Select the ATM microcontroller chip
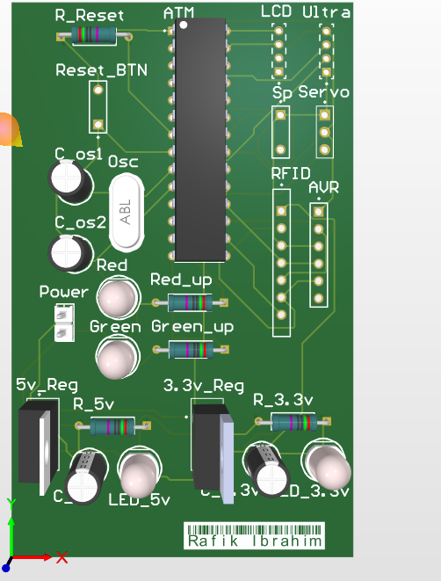pyautogui.click(x=200, y=141)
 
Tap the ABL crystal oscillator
pyautogui.click(x=126, y=212)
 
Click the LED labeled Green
pyautogui.click(x=116, y=358)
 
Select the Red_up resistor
pyautogui.click(x=190, y=303)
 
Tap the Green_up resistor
pyautogui.click(x=190, y=350)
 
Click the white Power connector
pyautogui.click(x=62, y=323)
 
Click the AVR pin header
pyautogui.click(x=318, y=255)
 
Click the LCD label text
pyautogui.click(x=276, y=11)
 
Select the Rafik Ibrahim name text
pyautogui.click(x=253, y=541)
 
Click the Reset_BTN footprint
pyautogui.click(x=98, y=110)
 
